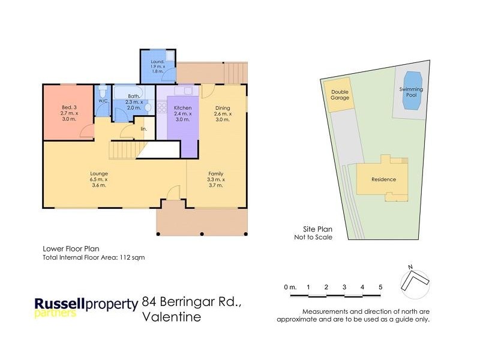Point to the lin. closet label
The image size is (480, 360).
tap(144, 128)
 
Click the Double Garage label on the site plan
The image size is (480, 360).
tap(340, 96)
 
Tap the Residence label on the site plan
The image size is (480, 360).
tap(383, 179)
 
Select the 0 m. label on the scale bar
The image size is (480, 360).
tap(290, 287)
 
